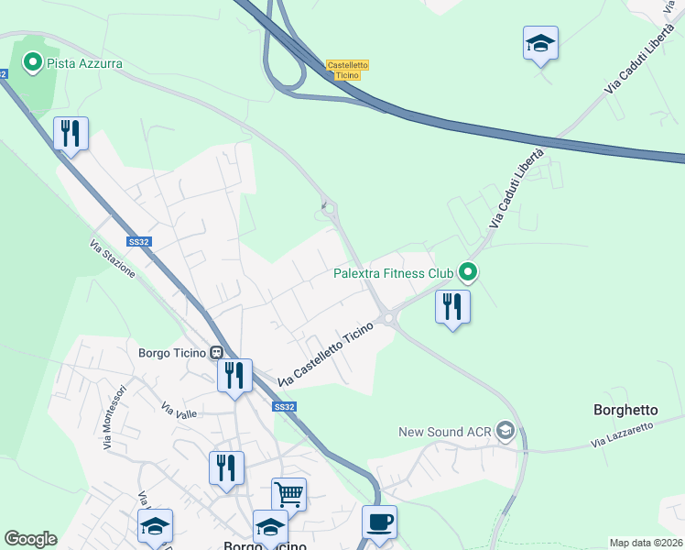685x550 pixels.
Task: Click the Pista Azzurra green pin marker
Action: [33, 62]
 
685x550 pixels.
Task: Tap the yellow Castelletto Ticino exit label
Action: [347, 70]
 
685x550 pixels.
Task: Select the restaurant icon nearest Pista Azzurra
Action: [71, 134]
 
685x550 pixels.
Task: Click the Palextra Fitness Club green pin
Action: [468, 271]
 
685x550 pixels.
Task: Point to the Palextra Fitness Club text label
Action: [393, 273]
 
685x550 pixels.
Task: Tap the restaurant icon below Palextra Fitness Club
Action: [452, 306]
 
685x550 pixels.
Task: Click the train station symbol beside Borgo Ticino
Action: [216, 352]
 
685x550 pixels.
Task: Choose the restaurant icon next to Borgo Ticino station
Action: [234, 375]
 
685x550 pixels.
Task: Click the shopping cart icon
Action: [288, 494]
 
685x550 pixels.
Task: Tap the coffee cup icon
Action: [379, 522]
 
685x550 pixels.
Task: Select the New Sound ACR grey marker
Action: [505, 431]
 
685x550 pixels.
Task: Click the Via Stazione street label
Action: [113, 259]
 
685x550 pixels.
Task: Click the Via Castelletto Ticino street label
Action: [326, 354]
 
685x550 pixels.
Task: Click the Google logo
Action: [30, 539]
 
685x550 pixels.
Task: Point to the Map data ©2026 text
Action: [646, 543]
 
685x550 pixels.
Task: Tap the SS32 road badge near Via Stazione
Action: [138, 242]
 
